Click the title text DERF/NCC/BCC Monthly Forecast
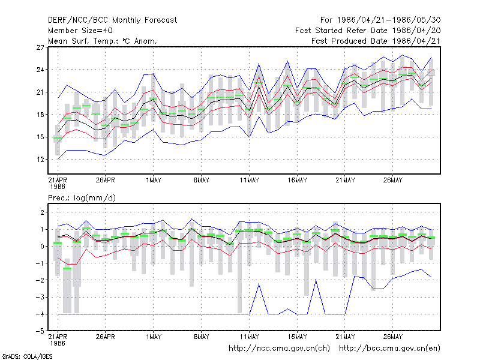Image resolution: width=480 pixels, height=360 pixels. coord(112,20)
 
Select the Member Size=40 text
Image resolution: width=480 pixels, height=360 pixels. coord(80,31)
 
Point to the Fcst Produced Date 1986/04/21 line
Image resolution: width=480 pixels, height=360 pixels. coord(376,41)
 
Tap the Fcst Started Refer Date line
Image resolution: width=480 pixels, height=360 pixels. coord(368,31)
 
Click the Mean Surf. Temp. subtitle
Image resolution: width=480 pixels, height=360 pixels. coord(102,41)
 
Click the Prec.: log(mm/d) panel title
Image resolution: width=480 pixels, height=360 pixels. coord(82,198)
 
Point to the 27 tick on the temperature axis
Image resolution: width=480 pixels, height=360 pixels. coord(40,47)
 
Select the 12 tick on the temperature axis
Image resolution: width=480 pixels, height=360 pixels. coord(40,160)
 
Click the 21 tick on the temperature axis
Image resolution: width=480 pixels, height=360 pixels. coord(40,92)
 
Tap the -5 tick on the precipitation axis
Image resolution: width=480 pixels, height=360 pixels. coord(40,331)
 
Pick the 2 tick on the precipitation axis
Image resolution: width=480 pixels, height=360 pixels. coord(42,212)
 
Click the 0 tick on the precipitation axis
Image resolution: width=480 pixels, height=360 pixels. coord(42,247)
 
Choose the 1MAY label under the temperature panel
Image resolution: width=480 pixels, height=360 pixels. coord(154,181)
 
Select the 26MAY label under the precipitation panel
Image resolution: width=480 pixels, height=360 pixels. coord(393,337)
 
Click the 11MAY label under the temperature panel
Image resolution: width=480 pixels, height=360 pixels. coord(249,181)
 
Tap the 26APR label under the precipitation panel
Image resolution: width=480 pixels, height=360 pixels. coord(106,337)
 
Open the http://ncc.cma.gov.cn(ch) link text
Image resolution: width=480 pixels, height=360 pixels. coord(279,349)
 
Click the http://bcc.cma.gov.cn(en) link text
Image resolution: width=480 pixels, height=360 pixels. coord(389,349)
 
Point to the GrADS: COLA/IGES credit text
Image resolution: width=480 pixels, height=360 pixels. coord(28,356)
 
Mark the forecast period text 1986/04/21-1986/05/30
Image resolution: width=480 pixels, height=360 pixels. coord(389,20)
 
